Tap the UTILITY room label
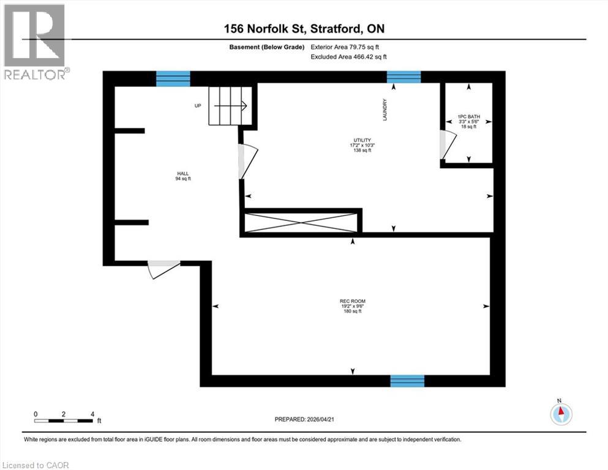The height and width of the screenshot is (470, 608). click(361, 145)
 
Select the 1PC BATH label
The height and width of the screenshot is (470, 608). click(468, 121)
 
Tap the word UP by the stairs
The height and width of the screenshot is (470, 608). click(198, 106)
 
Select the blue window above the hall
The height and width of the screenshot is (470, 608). click(173, 78)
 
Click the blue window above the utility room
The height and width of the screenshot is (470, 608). click(403, 77)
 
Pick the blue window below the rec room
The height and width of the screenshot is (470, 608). click(407, 381)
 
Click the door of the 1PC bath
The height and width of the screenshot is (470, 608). click(446, 144)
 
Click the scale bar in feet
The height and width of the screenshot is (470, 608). click(64, 420)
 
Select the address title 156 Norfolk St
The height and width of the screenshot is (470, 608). click(303, 28)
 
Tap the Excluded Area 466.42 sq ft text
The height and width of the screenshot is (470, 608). click(349, 56)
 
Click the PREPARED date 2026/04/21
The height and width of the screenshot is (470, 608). click(306, 419)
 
